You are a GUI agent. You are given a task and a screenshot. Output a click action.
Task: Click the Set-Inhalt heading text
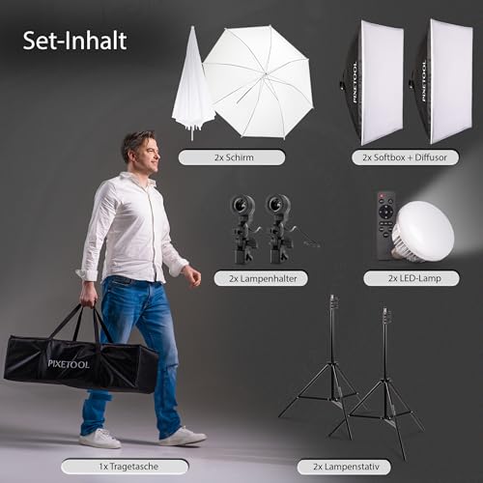point(74,41)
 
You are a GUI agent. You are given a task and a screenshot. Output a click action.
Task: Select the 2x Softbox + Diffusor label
point(405,157)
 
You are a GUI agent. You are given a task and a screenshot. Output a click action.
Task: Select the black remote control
point(386,225)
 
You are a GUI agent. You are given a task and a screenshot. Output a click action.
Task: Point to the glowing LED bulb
point(422,231)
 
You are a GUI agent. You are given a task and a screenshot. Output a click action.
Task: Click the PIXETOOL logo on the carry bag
point(69,364)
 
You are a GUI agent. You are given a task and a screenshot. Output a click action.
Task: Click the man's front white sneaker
point(183,437)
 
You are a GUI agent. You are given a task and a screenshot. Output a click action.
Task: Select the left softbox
point(372,82)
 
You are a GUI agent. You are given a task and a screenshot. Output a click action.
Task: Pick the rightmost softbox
point(442,81)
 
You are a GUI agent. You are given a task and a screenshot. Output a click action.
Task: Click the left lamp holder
point(243,229)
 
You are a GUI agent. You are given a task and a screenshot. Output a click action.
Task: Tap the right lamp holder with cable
point(281,229)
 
